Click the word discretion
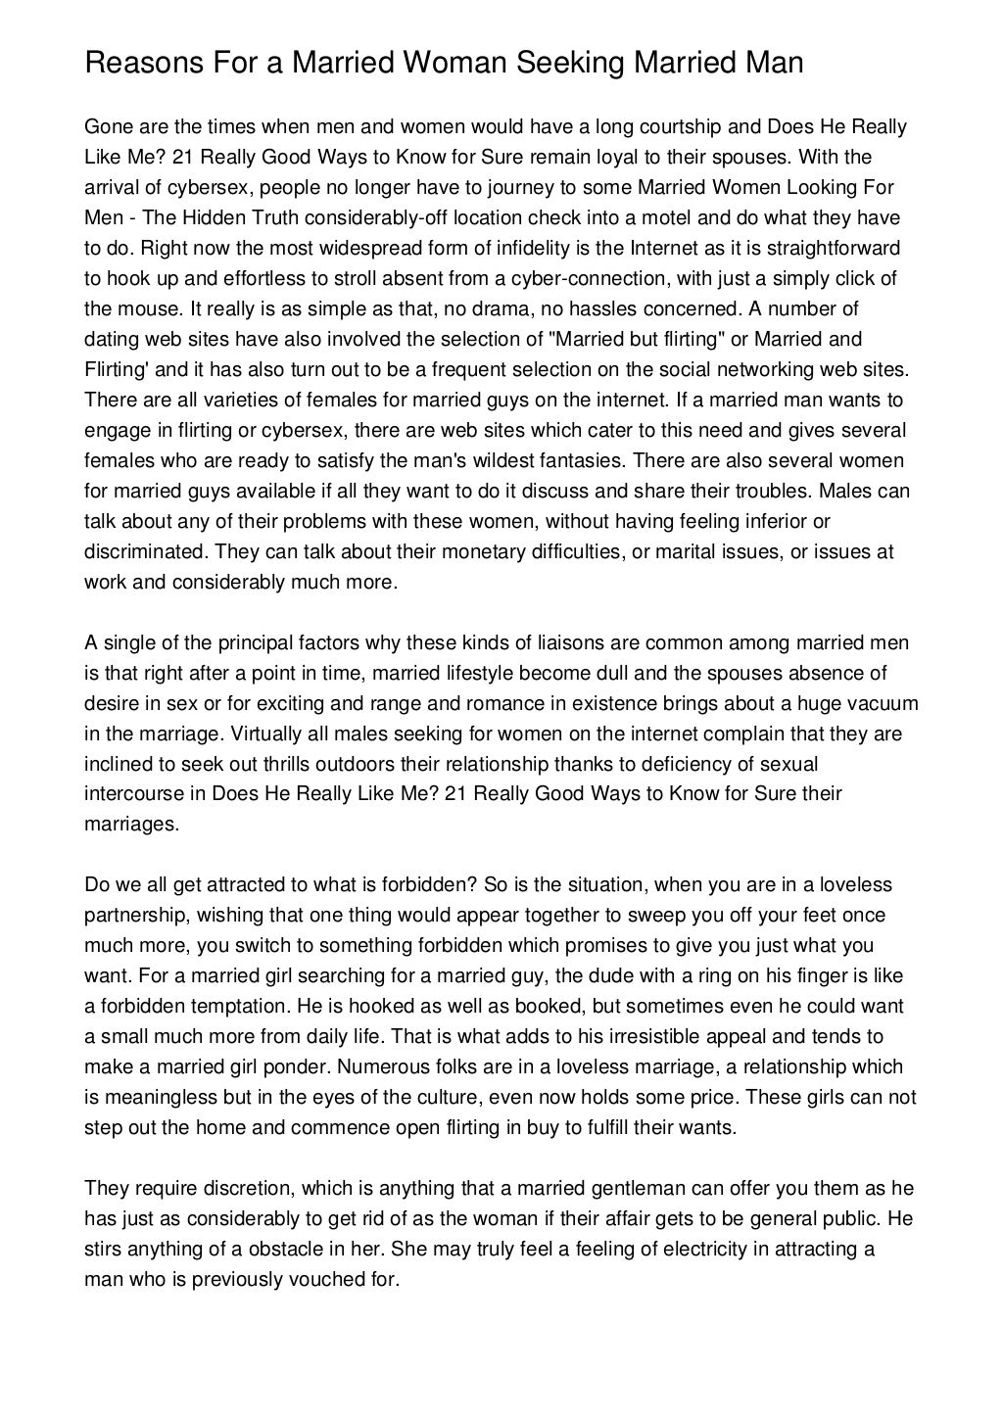[241, 1188]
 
